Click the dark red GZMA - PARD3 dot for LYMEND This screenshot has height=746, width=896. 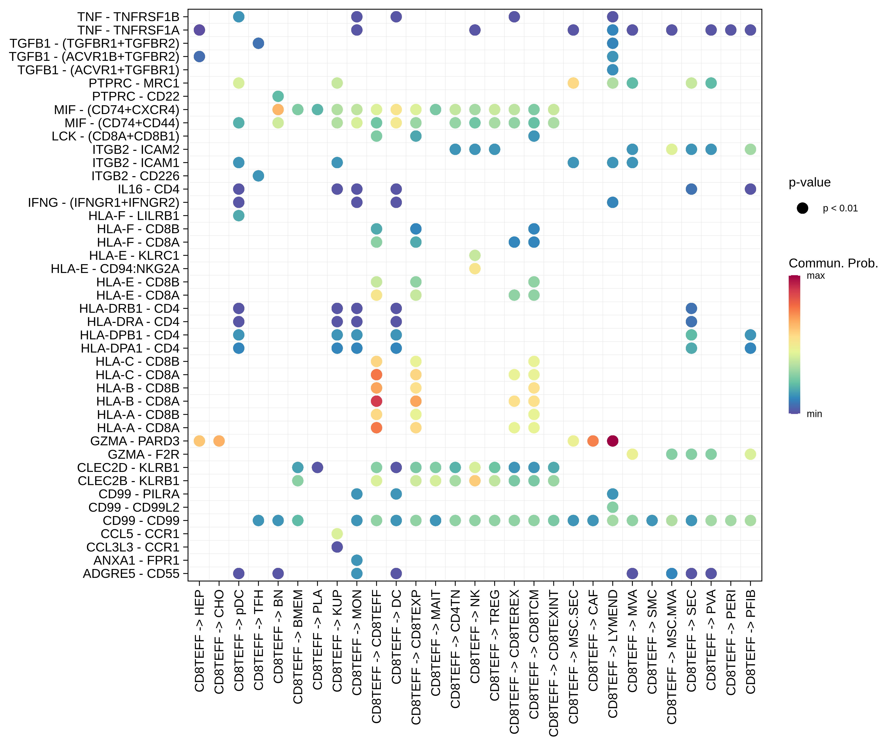coord(612,441)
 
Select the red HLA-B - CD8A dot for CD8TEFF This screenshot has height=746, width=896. coord(376,401)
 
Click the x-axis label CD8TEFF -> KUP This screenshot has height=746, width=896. coord(337,640)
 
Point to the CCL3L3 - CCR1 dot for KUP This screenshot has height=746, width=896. coord(337,547)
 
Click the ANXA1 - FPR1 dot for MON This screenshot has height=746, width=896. coord(357,560)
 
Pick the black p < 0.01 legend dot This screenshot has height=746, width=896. coord(802,208)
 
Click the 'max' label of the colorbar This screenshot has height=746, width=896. coord(815,276)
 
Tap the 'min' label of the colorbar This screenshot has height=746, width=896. coord(814,414)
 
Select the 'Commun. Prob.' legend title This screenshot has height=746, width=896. coord(833,263)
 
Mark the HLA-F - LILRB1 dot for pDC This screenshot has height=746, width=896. coord(239,216)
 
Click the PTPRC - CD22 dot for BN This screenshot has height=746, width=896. coord(278,96)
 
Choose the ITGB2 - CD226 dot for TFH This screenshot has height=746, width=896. coord(258,176)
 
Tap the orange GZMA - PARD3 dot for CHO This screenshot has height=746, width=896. coord(219,441)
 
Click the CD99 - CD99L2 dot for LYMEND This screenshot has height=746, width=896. coord(612,507)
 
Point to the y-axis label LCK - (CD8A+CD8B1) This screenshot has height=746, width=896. coord(115,136)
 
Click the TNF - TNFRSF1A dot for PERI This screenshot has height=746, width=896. coord(730,30)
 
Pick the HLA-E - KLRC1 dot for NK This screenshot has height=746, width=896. coord(475,255)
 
